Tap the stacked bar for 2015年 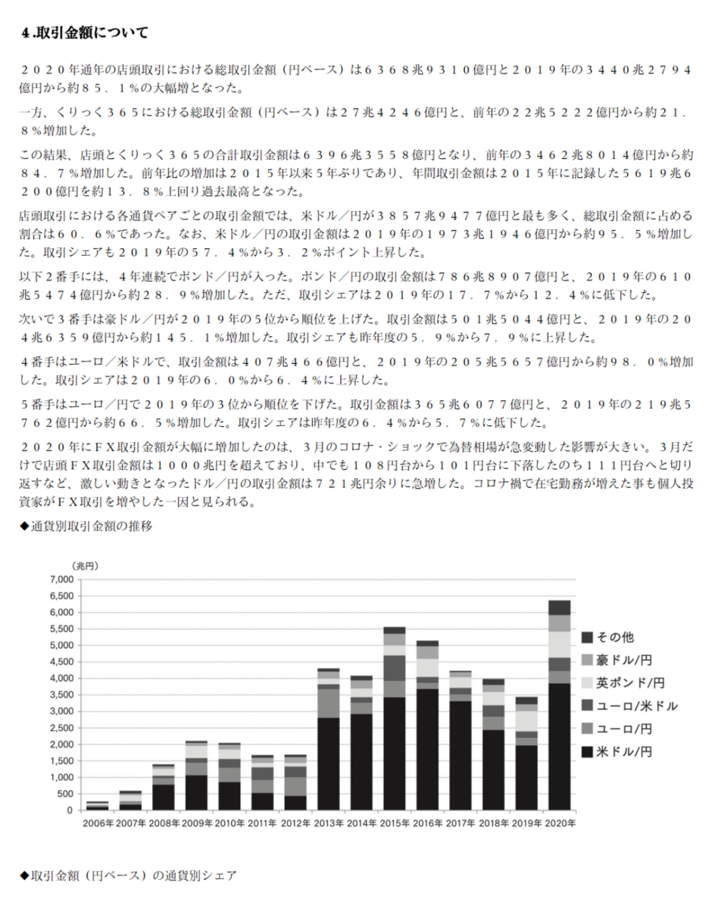point(394,719)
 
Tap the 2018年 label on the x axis point(492,822)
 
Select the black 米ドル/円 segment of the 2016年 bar point(427,749)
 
